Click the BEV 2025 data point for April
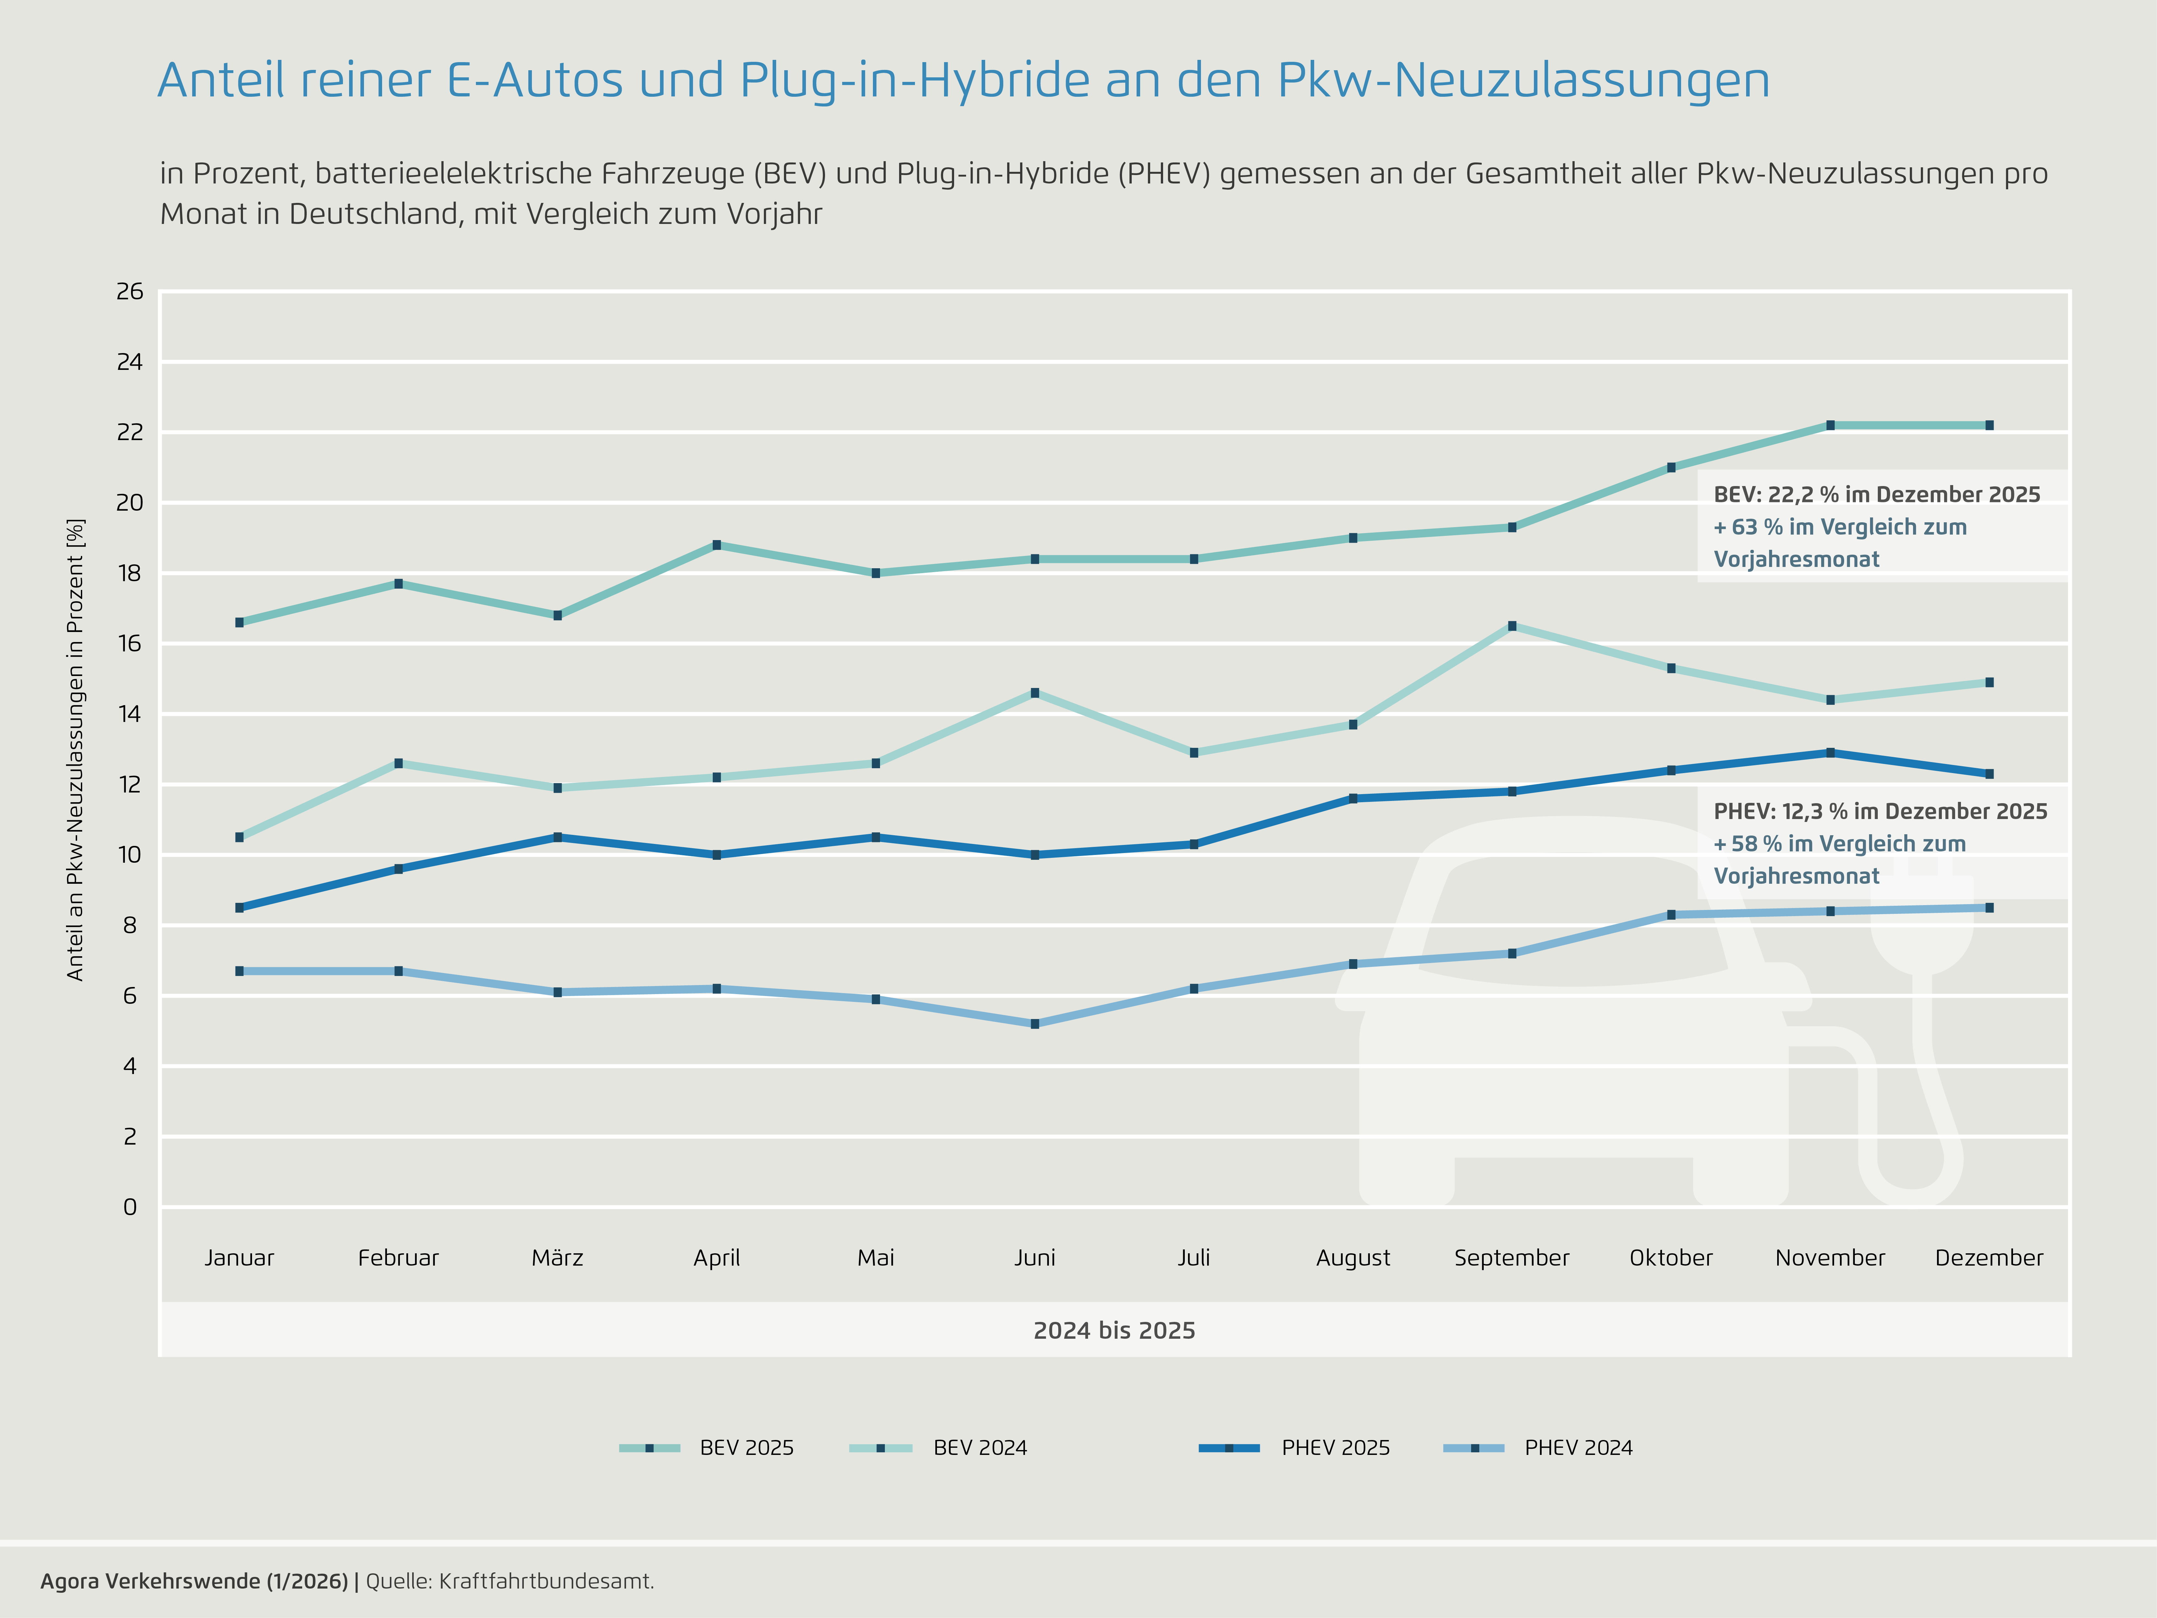(717, 545)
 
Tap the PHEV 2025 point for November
(1830, 753)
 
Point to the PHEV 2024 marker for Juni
(1035, 1024)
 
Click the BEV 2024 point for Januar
(240, 837)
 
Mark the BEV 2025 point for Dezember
(1989, 425)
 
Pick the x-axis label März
(558, 1258)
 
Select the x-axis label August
(1353, 1258)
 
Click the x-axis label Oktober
(1671, 1258)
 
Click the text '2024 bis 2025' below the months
(1115, 1330)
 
